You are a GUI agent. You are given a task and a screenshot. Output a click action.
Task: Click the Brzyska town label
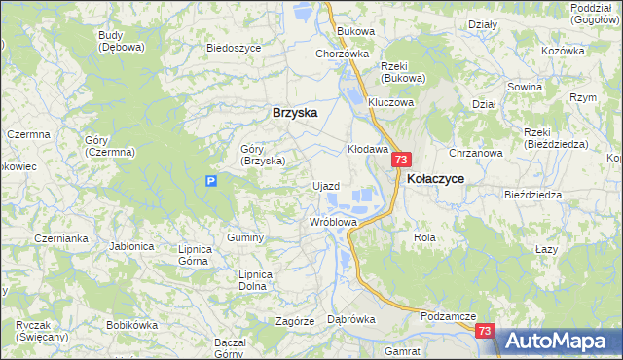295,112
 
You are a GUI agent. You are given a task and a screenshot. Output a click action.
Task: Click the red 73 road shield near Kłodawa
403,160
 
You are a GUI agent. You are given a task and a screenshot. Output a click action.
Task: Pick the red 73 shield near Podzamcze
487,332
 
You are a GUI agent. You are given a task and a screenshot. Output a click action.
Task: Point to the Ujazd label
325,186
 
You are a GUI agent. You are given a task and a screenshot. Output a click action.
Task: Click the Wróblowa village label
334,222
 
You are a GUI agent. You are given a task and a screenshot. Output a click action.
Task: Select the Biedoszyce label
232,47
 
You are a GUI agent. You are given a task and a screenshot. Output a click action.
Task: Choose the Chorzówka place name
342,54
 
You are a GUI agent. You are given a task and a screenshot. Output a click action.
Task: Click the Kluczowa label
391,101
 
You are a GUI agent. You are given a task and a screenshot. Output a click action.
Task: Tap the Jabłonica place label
132,246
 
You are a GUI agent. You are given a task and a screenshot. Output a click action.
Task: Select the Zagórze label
294,320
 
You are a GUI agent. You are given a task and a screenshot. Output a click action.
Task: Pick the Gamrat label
402,349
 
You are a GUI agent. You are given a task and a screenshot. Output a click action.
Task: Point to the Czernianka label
60,237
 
